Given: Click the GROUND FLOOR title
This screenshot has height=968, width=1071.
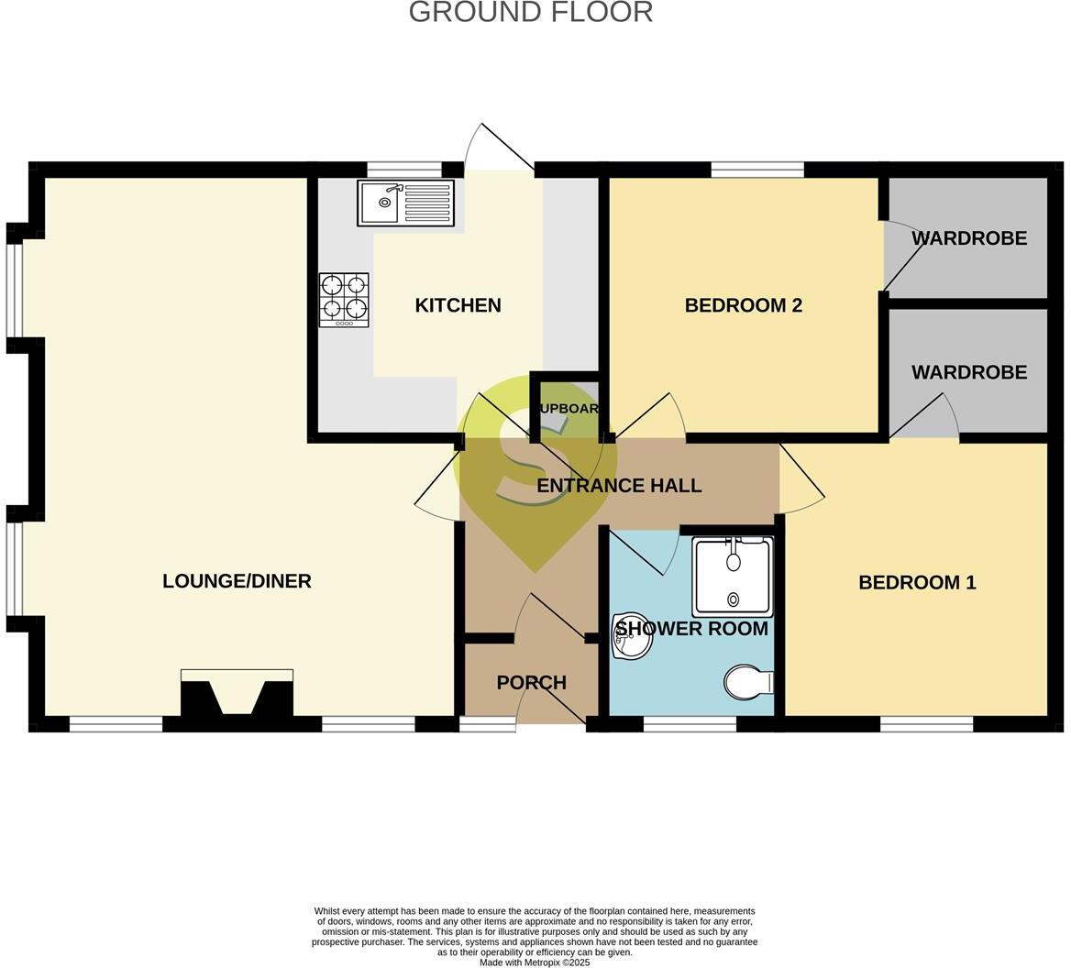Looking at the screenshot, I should (x=530, y=12).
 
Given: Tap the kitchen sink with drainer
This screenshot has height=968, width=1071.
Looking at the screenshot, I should (x=406, y=203).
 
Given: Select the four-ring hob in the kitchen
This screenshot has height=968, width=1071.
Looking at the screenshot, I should (x=344, y=300).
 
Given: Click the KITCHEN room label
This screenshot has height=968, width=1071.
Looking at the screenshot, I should (x=458, y=305).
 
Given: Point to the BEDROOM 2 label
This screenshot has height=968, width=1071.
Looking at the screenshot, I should (x=743, y=305).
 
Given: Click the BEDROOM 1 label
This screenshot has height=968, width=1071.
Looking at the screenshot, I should (x=916, y=582).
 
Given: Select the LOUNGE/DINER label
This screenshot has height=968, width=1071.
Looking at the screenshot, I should (x=237, y=581).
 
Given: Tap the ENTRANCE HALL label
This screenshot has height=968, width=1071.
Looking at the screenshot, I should (x=619, y=486).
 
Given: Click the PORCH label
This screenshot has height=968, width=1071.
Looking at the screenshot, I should (x=531, y=683).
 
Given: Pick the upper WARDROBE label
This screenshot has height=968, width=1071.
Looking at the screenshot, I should (x=968, y=238).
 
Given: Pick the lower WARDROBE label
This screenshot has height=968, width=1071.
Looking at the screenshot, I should (x=968, y=372).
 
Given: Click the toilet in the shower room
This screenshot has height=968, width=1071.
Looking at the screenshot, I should (x=748, y=683).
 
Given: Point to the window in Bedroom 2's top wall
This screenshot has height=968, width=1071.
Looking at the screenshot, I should (x=757, y=170).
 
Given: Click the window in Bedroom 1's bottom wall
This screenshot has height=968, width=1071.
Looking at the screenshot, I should (x=926, y=724).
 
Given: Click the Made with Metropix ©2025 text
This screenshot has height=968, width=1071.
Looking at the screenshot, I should (x=535, y=962).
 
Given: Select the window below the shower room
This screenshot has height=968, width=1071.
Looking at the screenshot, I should (x=690, y=724).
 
